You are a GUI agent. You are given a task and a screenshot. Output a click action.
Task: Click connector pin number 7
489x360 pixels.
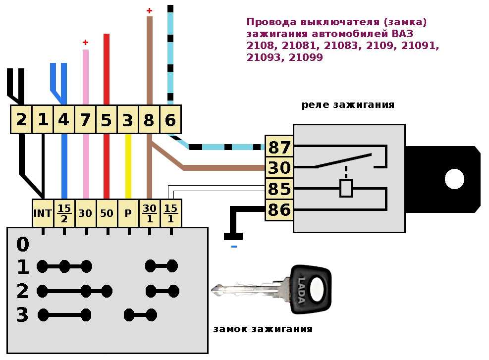(85, 120)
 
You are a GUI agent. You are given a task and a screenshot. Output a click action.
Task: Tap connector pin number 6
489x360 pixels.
(170, 120)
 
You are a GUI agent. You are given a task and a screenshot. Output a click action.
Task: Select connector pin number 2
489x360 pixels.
(21, 120)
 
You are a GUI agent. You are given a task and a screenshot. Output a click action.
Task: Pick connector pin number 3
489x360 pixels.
(127, 120)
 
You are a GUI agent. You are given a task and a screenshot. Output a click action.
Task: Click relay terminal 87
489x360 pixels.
(279, 147)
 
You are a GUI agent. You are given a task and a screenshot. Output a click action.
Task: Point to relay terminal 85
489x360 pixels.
(279, 189)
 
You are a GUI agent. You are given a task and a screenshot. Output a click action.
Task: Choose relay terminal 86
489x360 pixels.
(279, 210)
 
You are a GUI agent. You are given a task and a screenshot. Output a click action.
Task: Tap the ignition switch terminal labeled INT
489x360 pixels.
(43, 213)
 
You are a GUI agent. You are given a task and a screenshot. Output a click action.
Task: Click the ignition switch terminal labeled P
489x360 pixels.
(128, 213)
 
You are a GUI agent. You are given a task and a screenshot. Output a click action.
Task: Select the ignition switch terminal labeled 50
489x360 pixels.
(107, 213)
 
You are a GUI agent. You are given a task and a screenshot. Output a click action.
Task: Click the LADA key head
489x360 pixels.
(311, 289)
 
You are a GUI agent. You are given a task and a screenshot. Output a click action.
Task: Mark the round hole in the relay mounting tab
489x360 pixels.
(454, 179)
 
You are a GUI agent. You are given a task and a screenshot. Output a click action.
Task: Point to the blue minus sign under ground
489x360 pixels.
(234, 247)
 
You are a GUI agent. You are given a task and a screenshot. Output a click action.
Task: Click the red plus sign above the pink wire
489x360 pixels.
(85, 42)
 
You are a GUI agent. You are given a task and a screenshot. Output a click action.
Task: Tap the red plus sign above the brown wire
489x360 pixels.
(150, 11)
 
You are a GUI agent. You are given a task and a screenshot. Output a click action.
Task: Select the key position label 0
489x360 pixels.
(22, 245)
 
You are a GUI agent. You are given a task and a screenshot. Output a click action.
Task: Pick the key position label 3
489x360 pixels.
(22, 314)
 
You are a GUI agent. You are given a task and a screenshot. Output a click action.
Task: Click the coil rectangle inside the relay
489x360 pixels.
(346, 188)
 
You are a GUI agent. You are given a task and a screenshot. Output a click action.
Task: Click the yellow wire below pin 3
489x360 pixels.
(128, 166)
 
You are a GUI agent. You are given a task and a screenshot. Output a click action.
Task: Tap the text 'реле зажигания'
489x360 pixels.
(348, 104)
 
